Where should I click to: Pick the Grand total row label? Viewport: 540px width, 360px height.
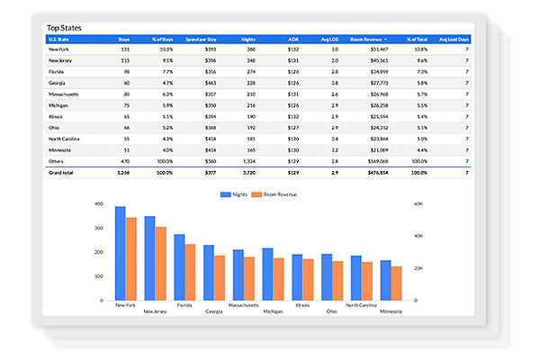click(x=62, y=171)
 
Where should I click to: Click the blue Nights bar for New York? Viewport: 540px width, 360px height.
click(x=120, y=253)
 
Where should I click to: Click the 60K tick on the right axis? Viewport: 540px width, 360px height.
click(x=418, y=204)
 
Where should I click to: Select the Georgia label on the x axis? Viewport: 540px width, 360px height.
click(x=214, y=311)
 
